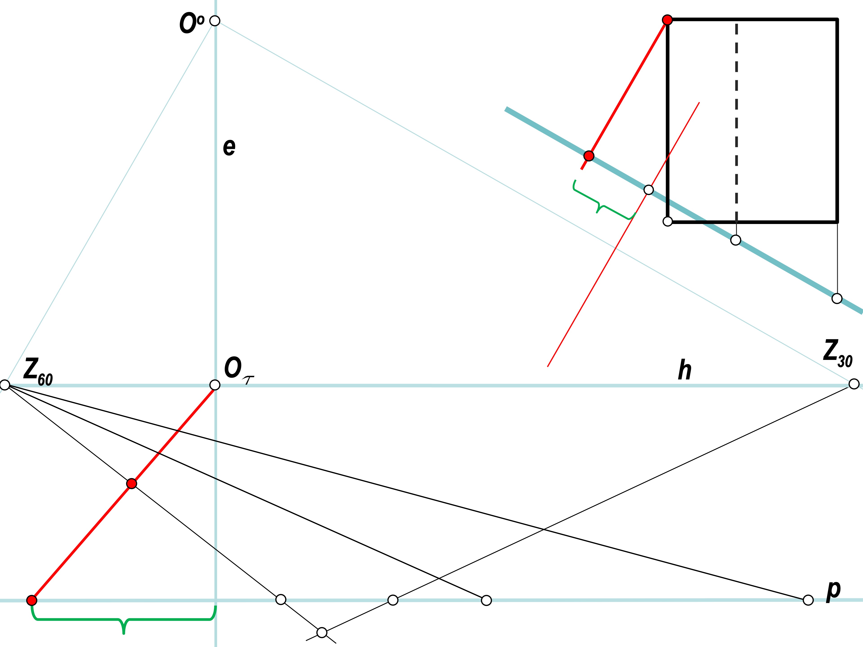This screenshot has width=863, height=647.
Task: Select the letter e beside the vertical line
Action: point(229,147)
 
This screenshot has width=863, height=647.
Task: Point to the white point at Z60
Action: point(5,385)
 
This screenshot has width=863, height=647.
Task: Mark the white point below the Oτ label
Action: point(215,385)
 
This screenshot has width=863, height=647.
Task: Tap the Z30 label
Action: point(838,354)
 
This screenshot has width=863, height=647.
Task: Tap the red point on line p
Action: point(32,600)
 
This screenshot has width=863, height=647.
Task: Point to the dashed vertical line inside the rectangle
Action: point(736,121)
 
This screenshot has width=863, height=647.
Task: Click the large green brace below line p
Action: point(124,619)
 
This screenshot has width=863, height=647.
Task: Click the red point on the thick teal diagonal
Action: point(589,156)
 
